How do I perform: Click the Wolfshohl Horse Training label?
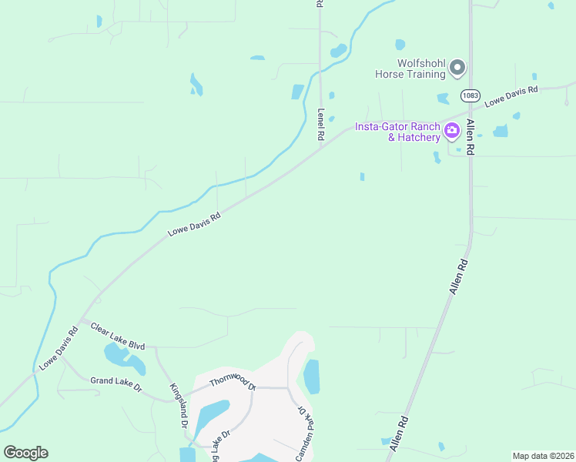click(410, 69)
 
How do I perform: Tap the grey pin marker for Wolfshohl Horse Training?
click(457, 69)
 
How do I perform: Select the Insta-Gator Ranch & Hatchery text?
click(397, 132)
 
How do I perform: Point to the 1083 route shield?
click(470, 95)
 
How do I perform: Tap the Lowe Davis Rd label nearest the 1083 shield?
click(511, 96)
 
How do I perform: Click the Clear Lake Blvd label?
click(118, 336)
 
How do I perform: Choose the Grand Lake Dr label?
click(116, 384)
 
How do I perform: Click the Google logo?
click(25, 453)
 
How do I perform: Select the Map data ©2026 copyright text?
click(543, 456)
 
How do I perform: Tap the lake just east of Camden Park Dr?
click(312, 377)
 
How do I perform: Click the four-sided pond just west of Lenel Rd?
click(298, 92)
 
